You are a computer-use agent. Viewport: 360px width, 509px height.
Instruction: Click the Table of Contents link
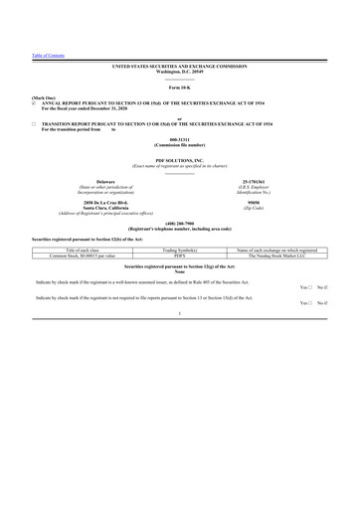point(48,56)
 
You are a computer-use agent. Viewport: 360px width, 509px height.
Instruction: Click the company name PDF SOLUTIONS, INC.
point(180,159)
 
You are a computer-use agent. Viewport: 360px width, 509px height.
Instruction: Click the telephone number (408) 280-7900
point(180,223)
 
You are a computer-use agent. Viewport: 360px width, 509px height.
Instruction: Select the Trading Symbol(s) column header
point(180,249)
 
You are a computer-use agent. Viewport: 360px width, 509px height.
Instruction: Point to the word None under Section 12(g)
point(180,273)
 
